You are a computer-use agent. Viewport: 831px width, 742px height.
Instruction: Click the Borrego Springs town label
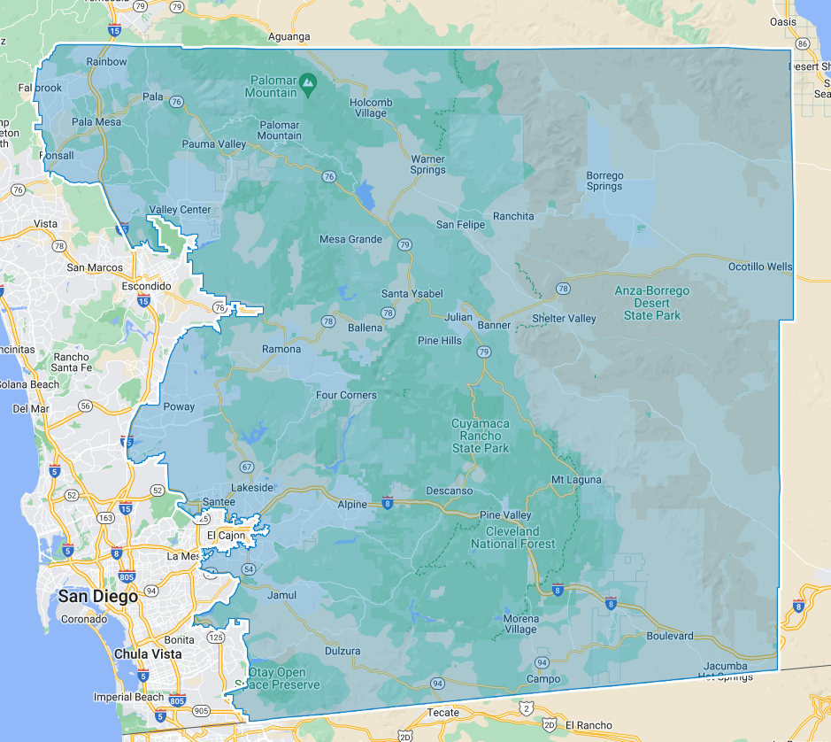(604, 181)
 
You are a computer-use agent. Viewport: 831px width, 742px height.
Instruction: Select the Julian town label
(458, 316)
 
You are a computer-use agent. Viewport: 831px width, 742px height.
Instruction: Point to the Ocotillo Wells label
(760, 267)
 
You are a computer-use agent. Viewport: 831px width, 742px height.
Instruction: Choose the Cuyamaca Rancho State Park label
(481, 436)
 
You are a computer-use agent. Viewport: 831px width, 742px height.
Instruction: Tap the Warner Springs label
(427, 165)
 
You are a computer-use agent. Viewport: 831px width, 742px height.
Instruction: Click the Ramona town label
(281, 349)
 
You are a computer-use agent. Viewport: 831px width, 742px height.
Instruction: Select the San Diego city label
(98, 596)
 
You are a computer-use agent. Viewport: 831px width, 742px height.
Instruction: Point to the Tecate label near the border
(443, 712)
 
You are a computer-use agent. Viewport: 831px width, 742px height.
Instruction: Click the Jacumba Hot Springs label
(725, 671)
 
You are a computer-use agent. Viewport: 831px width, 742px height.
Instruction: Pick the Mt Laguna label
(576, 480)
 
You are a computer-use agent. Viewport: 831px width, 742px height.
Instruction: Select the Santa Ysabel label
(412, 293)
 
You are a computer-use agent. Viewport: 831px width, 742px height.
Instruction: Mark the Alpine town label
(352, 504)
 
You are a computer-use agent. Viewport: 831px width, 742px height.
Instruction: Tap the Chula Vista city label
(148, 654)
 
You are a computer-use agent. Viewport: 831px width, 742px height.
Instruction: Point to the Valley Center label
(181, 210)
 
